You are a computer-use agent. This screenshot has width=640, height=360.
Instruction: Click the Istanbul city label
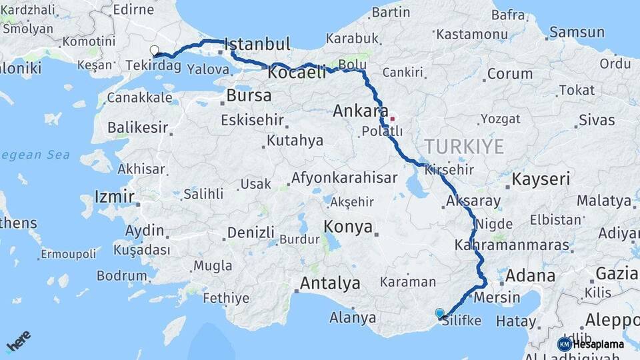[x=258, y=45]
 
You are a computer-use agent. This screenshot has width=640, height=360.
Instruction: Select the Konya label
[x=348, y=227]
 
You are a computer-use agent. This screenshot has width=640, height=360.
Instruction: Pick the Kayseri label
[x=541, y=179]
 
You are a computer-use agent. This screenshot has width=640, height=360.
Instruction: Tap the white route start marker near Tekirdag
[x=155, y=51]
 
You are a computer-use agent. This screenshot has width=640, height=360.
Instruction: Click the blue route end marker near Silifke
[x=439, y=313]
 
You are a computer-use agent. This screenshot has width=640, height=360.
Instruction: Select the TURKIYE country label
[x=464, y=147]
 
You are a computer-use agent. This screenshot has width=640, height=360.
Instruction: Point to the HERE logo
[x=19, y=341]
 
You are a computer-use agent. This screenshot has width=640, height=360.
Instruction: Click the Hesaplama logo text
[x=598, y=345]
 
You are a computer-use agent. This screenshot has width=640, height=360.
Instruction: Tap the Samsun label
[x=577, y=32]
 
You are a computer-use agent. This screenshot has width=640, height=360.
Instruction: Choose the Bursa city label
[x=249, y=95]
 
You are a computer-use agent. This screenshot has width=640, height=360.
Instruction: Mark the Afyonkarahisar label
[x=344, y=178]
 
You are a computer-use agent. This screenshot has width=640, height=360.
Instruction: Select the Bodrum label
[x=121, y=275]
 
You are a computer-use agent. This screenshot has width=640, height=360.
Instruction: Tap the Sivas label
[x=597, y=120]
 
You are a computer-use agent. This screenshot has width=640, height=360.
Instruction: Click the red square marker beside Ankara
[x=393, y=119]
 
